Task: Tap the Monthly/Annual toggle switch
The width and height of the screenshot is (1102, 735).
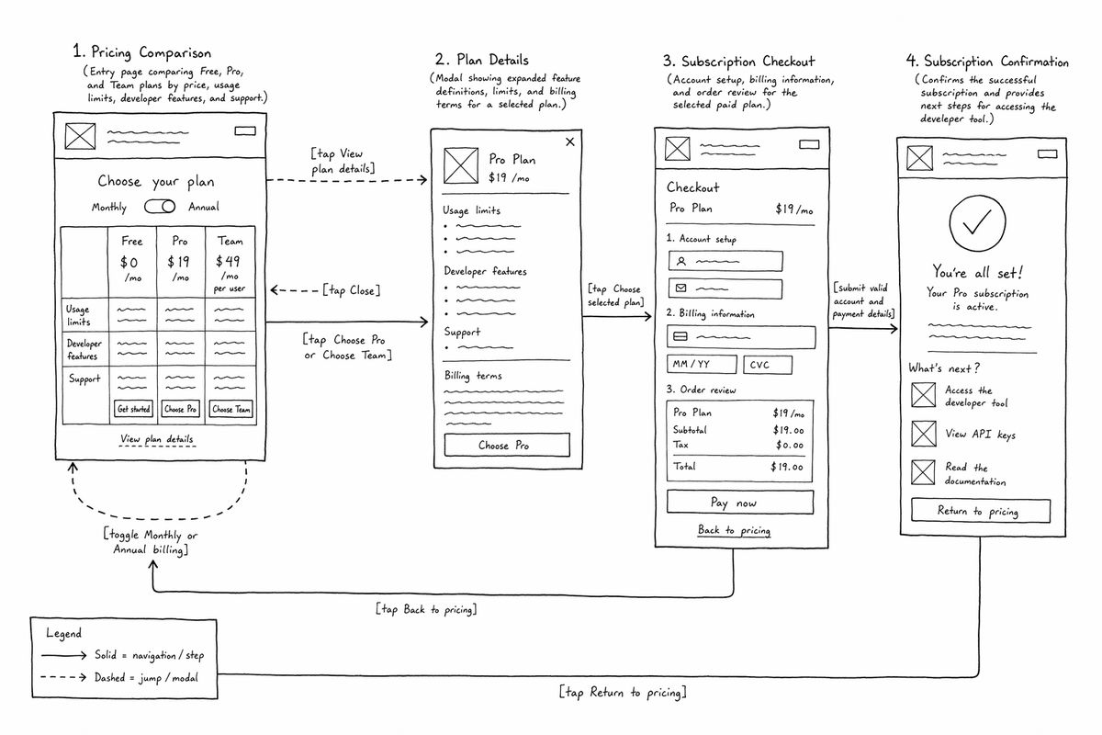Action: coord(160,207)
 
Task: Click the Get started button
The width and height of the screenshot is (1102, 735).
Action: coord(133,409)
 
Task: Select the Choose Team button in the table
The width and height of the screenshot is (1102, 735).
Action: coord(231,409)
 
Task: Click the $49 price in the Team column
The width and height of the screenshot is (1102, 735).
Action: coord(228,261)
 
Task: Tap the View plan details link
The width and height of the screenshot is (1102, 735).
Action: coord(157,438)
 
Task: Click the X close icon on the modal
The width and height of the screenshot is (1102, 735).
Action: coord(569,141)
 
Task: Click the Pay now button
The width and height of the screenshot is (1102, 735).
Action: coord(740,503)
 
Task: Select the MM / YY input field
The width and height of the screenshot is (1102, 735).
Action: coord(702,365)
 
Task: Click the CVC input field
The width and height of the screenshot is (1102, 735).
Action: coord(768,365)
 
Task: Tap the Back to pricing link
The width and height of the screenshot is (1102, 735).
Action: coord(734,530)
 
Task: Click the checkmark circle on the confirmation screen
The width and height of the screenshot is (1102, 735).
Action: coord(977,223)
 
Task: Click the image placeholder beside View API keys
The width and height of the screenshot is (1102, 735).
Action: coord(923,434)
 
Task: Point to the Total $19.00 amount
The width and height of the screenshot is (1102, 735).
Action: coord(787,467)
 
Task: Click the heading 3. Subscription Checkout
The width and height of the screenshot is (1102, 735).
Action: coord(738,62)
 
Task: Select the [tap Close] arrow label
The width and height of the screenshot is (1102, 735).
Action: coord(351,290)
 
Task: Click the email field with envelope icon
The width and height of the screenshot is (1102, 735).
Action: coord(725,288)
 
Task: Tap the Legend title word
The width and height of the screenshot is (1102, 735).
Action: coord(63,633)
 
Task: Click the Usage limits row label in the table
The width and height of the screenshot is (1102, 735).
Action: coord(78,315)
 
